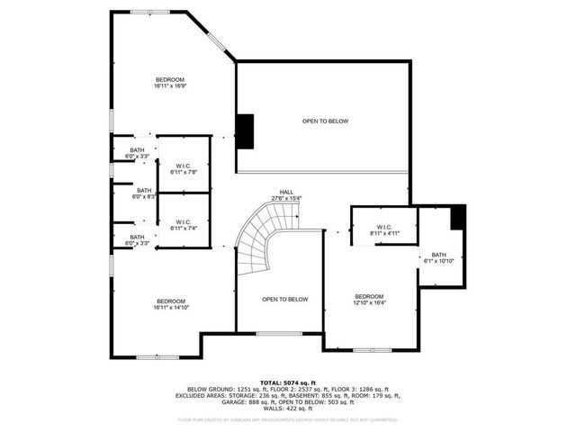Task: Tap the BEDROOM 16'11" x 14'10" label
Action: point(171,304)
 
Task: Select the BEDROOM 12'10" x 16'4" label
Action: point(369,300)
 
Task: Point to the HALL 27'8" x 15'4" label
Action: point(286,195)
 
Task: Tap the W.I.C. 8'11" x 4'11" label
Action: point(383,230)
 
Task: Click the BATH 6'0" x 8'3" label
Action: point(144,193)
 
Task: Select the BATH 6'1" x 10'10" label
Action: point(438,257)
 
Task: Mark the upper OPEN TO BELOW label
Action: point(325,121)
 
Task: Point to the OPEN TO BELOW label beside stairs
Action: point(285,299)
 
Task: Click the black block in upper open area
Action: point(245,131)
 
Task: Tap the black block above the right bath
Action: point(458,217)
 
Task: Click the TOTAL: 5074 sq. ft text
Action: point(288,382)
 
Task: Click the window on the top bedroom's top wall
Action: point(143,12)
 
